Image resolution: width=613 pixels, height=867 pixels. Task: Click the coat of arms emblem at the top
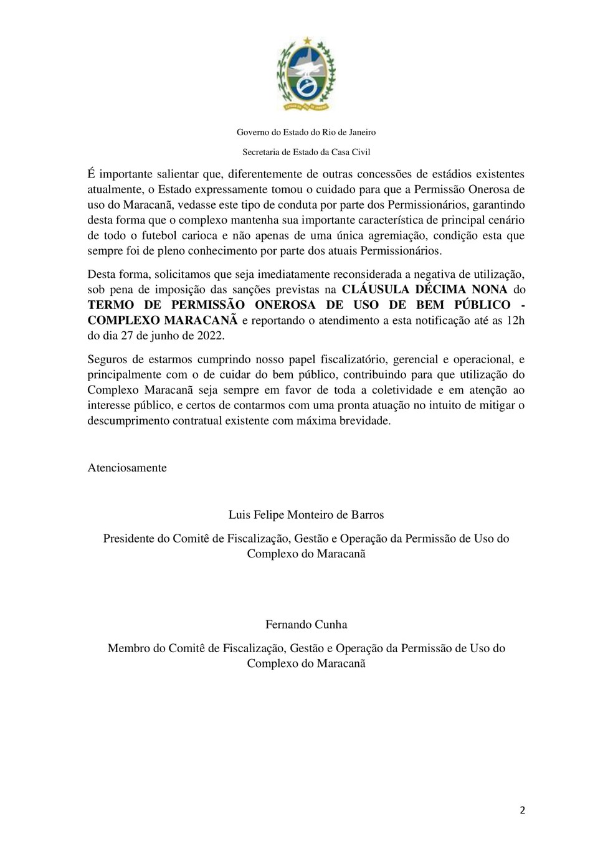306,75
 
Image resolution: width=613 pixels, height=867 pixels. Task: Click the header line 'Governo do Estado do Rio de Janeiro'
306,132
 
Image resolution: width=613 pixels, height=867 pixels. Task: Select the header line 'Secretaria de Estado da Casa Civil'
306,151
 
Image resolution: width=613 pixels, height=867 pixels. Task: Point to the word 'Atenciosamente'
127,468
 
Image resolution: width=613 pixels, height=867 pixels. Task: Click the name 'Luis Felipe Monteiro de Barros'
306,515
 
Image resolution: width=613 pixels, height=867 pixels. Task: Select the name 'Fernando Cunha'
306,625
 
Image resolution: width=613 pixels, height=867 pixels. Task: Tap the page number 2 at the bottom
523,810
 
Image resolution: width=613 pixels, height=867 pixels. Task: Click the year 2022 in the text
210,336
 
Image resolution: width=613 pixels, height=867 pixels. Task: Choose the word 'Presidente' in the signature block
128,538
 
